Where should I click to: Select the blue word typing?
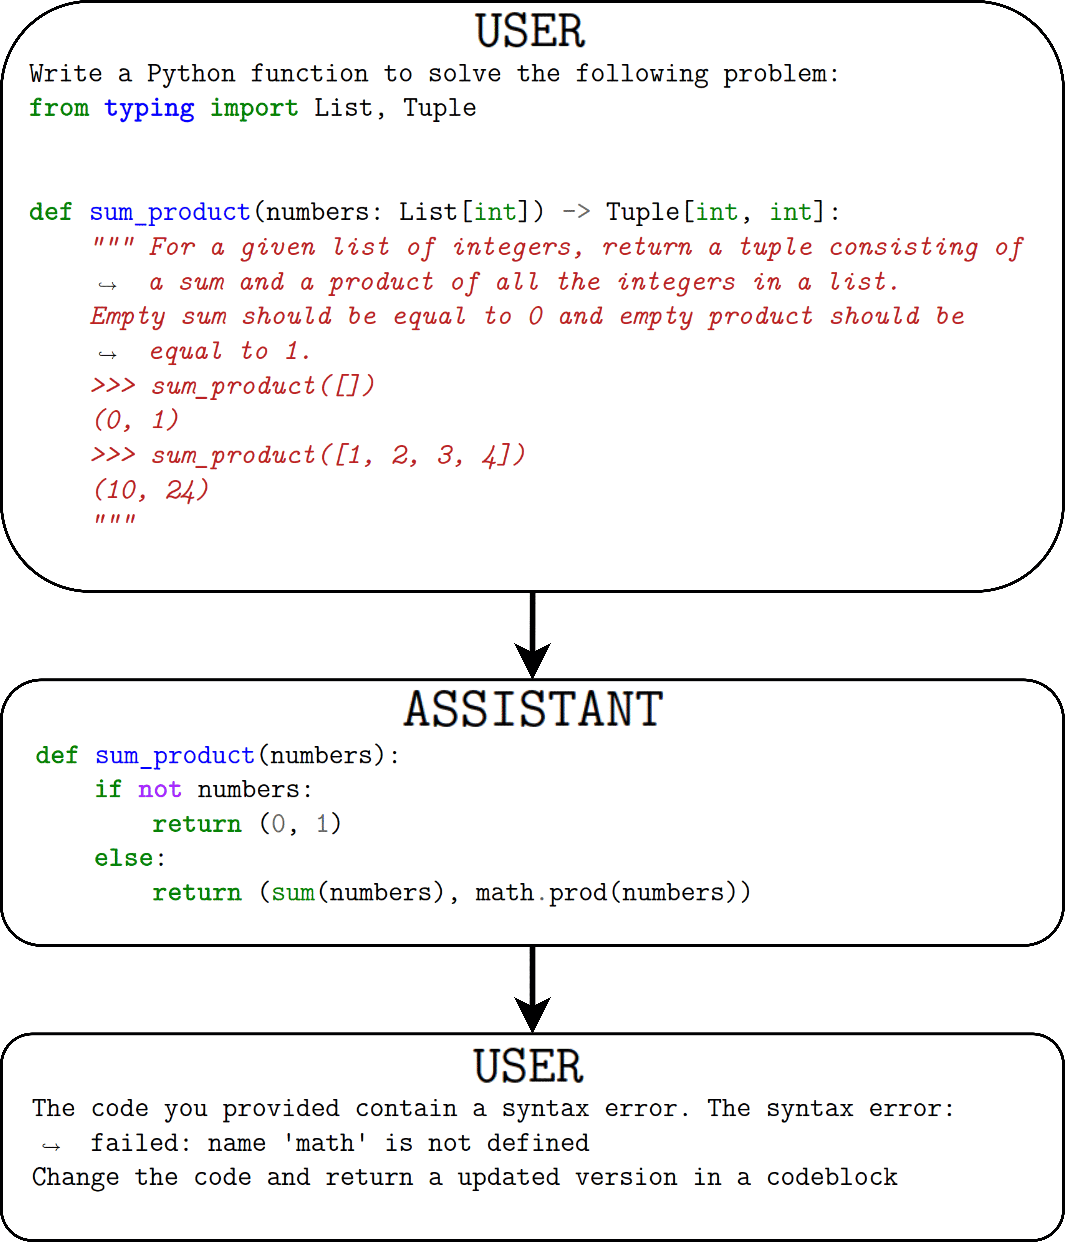[x=149, y=109]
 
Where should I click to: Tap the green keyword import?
[x=254, y=109]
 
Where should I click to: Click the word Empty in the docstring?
[x=128, y=317]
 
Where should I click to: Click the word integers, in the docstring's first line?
[x=518, y=247]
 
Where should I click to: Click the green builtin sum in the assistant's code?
[x=293, y=893]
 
